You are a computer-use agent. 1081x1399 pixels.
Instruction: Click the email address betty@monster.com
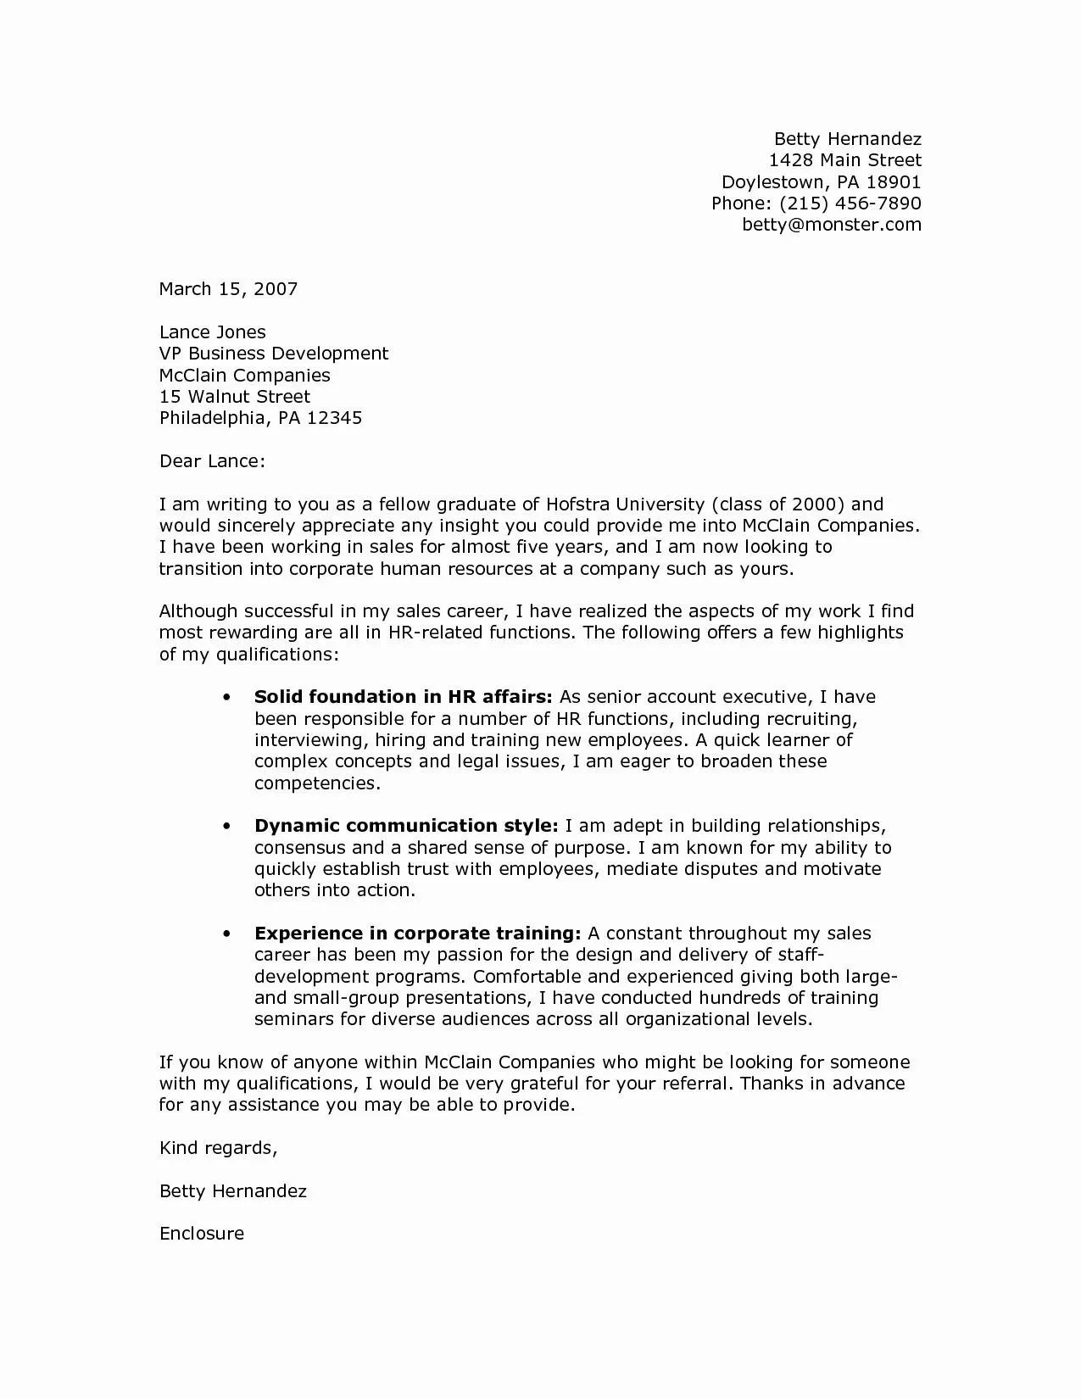(831, 225)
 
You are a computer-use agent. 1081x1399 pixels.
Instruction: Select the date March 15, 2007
(228, 289)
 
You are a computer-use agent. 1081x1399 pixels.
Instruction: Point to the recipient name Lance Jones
(212, 332)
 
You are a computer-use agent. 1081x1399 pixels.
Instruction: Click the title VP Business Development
(273, 354)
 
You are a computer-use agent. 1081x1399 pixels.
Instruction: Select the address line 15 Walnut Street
(234, 397)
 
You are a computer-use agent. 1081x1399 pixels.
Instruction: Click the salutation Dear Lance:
(212, 461)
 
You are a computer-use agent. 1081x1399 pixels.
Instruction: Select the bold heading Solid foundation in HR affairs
(403, 697)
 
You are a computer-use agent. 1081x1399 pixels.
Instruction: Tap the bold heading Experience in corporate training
(417, 934)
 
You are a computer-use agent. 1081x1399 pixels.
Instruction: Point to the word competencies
(315, 783)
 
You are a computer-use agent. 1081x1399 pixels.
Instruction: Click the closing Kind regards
(218, 1149)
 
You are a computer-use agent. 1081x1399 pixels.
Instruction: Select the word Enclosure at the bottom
(202, 1235)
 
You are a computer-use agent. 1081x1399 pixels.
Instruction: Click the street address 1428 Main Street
(844, 161)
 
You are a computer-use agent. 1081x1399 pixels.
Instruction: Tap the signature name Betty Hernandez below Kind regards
(233, 1191)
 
